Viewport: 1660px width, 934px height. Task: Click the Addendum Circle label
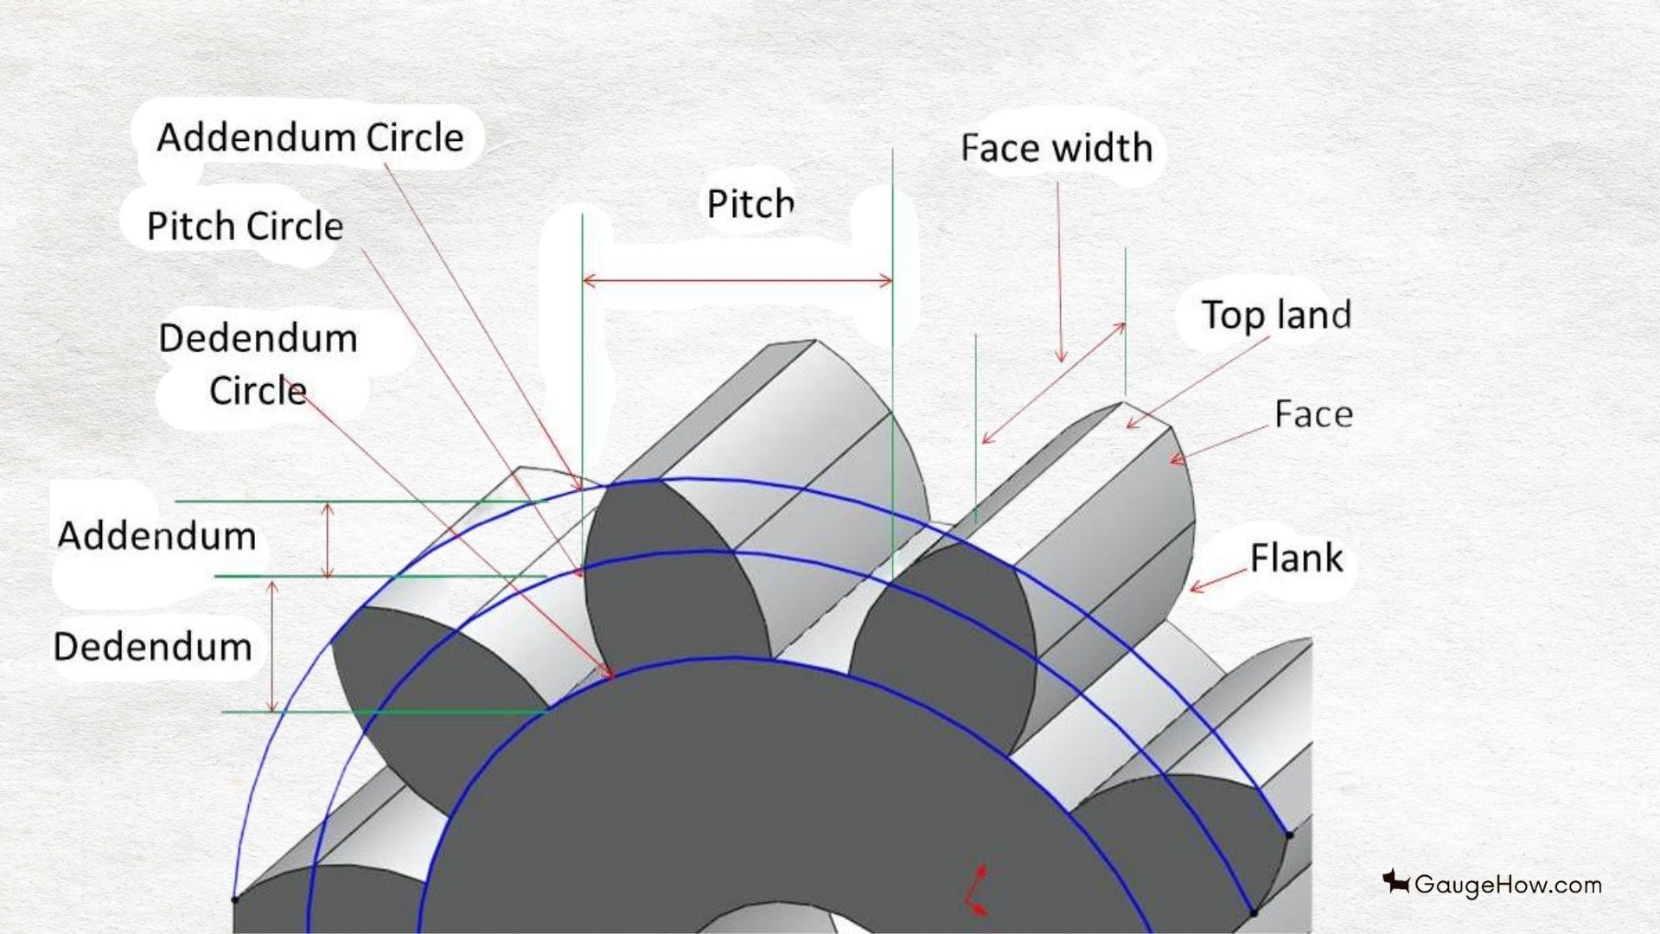point(310,138)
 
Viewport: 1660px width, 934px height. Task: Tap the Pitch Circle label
point(245,226)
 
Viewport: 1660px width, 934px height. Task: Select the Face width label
point(1057,148)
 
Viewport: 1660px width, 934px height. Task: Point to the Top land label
point(1276,315)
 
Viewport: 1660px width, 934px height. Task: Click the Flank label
point(1296,558)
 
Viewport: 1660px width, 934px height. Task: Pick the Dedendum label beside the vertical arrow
point(152,647)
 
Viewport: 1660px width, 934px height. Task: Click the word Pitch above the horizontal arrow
point(750,204)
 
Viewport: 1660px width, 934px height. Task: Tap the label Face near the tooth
point(1313,414)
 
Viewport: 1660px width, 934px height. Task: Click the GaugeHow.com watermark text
point(1508,885)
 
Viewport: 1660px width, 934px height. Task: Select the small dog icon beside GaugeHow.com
point(1395,882)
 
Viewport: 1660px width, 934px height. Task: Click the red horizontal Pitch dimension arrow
point(737,280)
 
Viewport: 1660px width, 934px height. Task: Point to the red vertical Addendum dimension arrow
point(327,540)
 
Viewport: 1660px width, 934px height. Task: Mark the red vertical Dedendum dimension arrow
point(273,646)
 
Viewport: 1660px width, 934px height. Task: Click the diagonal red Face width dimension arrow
point(1054,383)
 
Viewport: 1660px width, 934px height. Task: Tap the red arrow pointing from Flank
point(1220,580)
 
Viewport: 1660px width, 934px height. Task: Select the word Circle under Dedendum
point(258,391)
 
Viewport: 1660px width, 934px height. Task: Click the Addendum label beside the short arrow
point(156,536)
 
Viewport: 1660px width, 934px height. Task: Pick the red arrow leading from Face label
point(1218,445)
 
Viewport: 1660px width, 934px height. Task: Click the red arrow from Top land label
point(1197,382)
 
